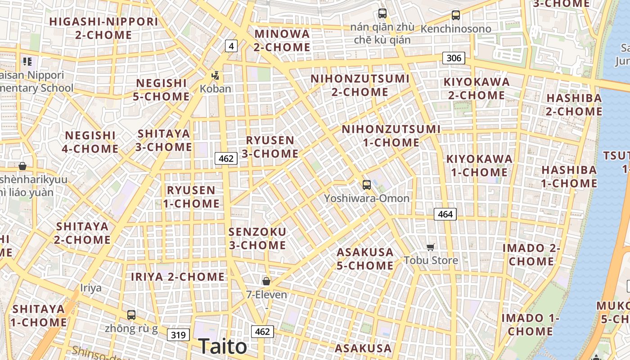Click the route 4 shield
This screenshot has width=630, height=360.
click(x=231, y=45)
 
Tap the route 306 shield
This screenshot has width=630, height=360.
click(x=454, y=58)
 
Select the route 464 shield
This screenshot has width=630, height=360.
click(x=445, y=214)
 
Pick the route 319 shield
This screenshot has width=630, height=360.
click(x=178, y=335)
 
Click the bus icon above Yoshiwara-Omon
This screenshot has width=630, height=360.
click(x=367, y=184)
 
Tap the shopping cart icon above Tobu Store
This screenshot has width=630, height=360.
click(x=431, y=247)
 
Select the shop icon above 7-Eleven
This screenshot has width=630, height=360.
click(x=266, y=281)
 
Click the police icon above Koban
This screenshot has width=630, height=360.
click(x=216, y=76)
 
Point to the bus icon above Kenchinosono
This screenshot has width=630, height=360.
click(x=456, y=15)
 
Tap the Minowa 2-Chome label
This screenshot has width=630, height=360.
click(x=282, y=40)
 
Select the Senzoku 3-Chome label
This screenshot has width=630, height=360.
click(x=257, y=238)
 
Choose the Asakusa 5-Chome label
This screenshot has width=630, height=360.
click(x=365, y=259)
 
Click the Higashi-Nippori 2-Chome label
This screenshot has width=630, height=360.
click(x=103, y=28)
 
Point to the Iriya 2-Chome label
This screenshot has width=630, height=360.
click(x=178, y=277)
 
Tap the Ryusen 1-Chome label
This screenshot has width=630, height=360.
click(x=191, y=197)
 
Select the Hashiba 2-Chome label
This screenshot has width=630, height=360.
click(x=574, y=104)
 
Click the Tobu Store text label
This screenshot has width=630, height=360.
click(x=431, y=260)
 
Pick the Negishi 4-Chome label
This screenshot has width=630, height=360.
click(x=90, y=142)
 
